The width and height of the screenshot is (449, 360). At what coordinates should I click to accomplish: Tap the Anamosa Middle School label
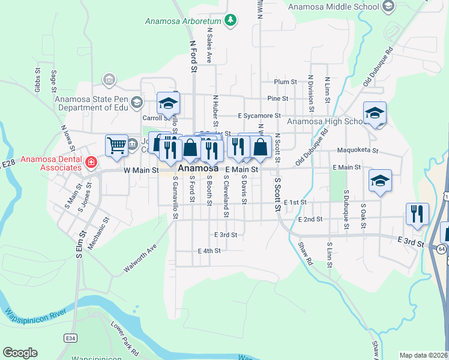click(333, 7)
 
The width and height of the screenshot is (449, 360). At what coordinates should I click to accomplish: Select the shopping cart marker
click(116, 145)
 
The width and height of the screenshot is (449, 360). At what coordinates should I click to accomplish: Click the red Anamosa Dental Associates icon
click(91, 162)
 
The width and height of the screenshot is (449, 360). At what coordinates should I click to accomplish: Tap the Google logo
click(20, 353)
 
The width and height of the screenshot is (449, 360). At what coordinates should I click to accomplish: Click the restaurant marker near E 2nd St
click(417, 214)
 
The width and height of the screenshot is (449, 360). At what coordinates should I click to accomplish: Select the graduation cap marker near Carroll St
click(169, 103)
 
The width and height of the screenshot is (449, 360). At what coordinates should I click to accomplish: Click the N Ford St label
click(193, 57)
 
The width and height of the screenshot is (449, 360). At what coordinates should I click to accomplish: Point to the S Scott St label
click(277, 194)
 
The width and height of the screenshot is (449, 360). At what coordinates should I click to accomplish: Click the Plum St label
click(285, 82)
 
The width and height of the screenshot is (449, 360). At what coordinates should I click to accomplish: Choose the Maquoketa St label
click(358, 150)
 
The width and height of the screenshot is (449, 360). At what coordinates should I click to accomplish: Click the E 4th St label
click(209, 250)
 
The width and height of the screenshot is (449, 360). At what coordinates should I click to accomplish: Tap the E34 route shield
click(71, 339)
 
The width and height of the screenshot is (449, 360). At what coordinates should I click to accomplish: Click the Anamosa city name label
click(197, 169)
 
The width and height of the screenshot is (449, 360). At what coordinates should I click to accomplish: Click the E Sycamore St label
click(259, 115)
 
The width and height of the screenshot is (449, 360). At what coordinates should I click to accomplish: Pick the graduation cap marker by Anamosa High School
click(375, 113)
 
